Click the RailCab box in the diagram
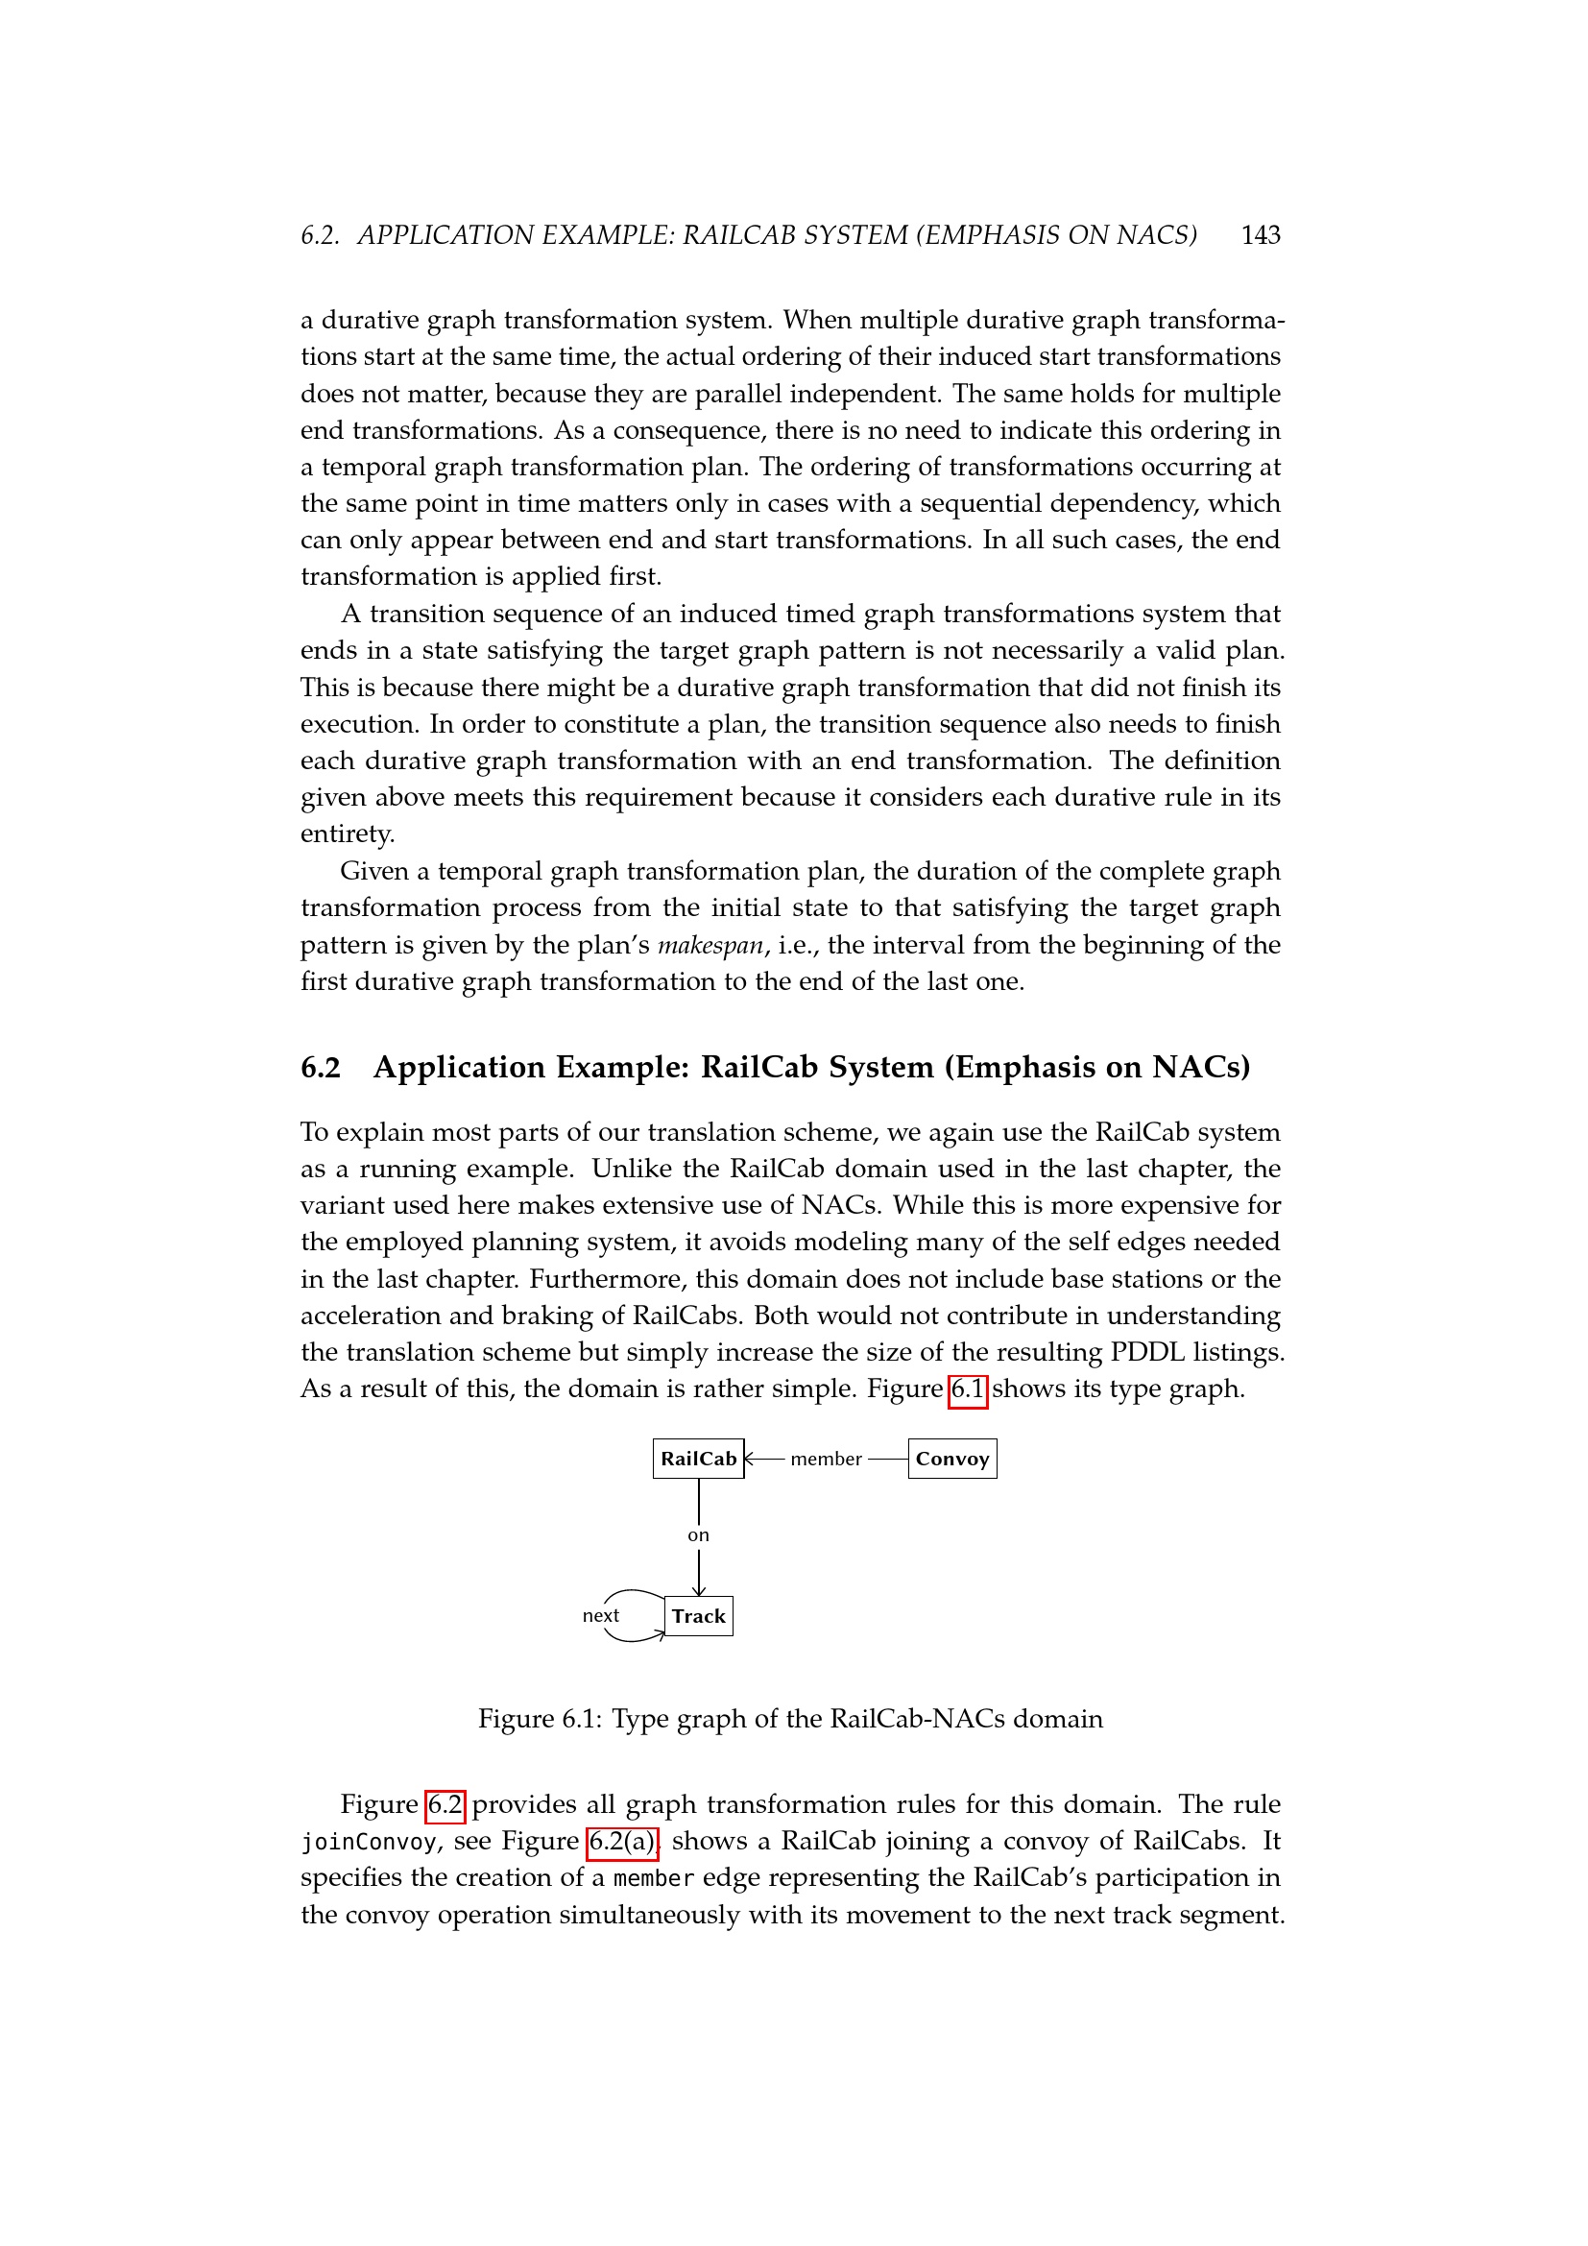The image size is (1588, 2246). tap(698, 1459)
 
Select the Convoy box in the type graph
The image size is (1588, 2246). tap(952, 1459)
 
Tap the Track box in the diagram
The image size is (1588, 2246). tap(698, 1616)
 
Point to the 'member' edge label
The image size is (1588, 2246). tap(827, 1459)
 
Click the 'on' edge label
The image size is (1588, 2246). tap(698, 1535)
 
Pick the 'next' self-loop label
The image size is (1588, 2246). tap(600, 1616)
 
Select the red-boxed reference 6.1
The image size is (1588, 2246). tap(967, 1389)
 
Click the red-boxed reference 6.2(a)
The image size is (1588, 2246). tap(623, 1841)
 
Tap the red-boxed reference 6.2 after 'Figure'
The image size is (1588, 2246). tap(445, 1804)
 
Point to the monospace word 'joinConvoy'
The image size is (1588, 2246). tap(368, 1842)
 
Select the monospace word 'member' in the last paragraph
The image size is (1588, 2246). tap(653, 1878)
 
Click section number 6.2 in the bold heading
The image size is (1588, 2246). tap(321, 1066)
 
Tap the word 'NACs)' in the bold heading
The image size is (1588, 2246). tap(1201, 1066)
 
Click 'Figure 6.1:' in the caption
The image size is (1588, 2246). tap(540, 1719)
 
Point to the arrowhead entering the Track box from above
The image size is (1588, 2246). tap(698, 1590)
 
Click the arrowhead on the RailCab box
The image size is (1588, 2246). tap(750, 1459)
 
